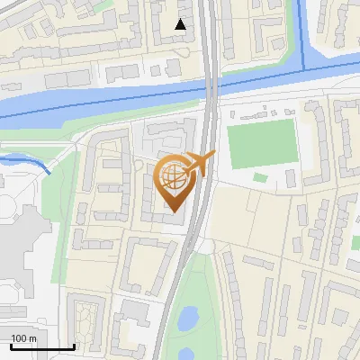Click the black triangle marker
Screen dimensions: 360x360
point(181,24)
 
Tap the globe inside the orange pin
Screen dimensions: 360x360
point(174,177)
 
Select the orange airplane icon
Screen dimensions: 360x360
point(199,164)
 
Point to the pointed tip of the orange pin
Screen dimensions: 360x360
point(174,212)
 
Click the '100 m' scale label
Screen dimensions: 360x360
point(23,338)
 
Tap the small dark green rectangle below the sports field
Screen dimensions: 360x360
point(260,177)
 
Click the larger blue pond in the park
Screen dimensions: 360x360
point(188,318)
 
